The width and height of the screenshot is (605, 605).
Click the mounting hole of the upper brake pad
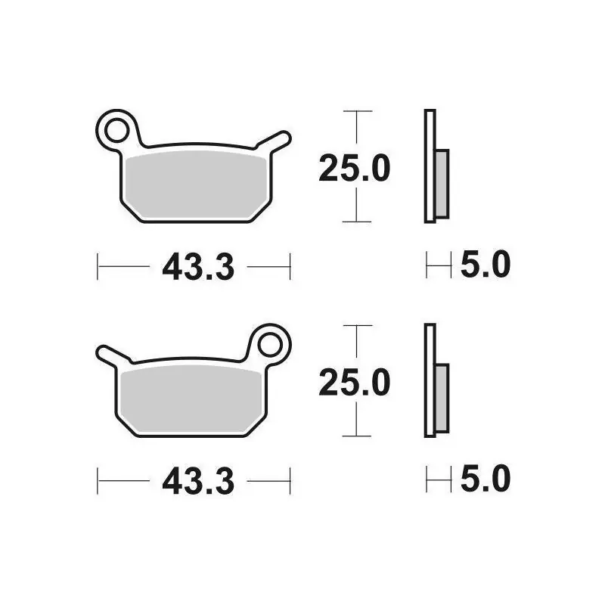(116, 131)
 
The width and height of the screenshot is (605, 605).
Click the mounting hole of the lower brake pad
(270, 345)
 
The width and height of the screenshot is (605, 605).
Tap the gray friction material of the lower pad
(191, 399)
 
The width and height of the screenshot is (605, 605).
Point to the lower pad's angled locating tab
(113, 355)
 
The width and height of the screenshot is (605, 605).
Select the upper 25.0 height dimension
(355, 168)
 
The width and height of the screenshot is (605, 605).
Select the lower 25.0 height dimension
(355, 383)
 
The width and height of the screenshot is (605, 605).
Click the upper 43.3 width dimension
(198, 267)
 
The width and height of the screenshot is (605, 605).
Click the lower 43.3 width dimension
(198, 481)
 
